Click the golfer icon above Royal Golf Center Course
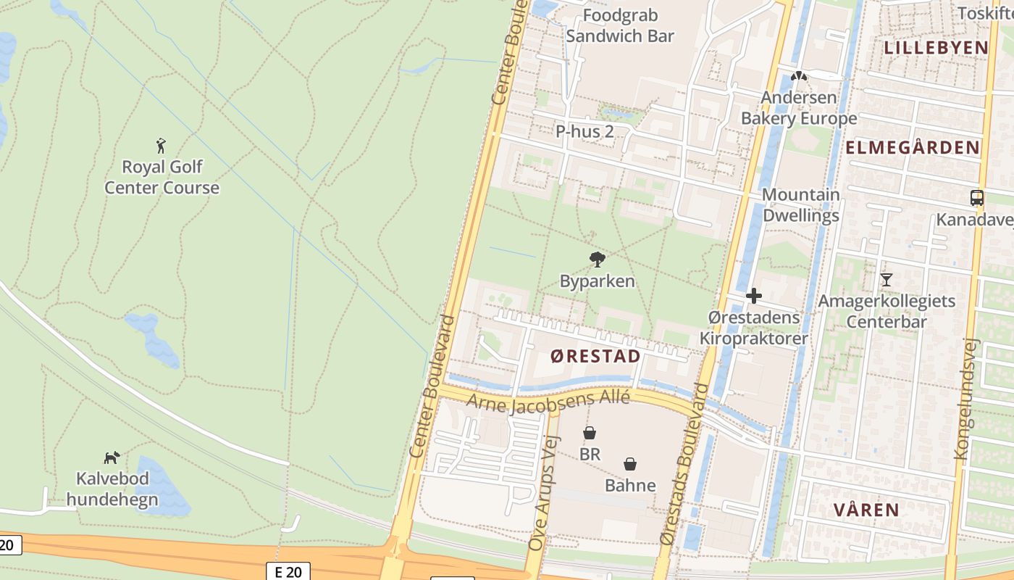[161, 146]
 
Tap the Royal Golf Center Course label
[162, 178]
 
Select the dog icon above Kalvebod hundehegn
[112, 457]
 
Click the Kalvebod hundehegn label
[112, 489]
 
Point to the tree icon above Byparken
[598, 259]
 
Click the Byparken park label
[598, 281]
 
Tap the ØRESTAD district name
[595, 356]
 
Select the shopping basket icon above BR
[590, 433]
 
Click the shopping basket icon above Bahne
[630, 464]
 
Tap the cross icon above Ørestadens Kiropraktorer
[754, 296]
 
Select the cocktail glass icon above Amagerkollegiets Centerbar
[886, 279]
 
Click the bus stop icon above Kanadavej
[977, 197]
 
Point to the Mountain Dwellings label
[800, 205]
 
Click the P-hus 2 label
[584, 131]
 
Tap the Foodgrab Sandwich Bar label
[620, 25]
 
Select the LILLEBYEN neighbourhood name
[936, 48]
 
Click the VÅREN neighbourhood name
[866, 510]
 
